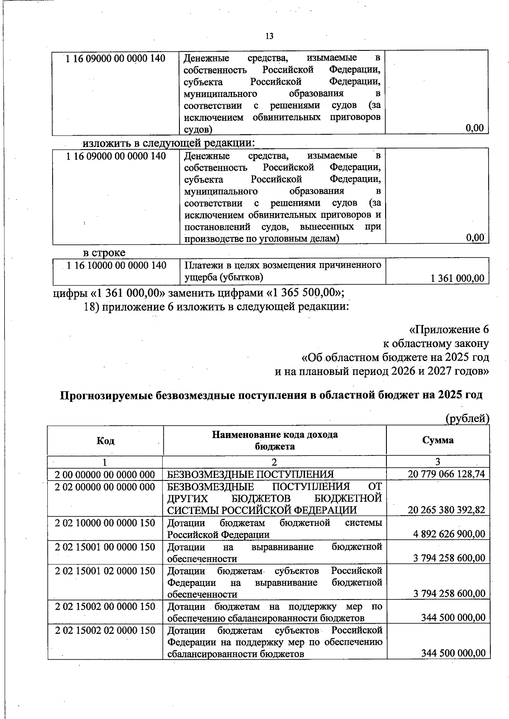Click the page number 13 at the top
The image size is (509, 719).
pyautogui.click(x=269, y=36)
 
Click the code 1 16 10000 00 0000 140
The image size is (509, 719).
pyautogui.click(x=117, y=266)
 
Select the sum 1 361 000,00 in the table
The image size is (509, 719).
pyautogui.click(x=457, y=278)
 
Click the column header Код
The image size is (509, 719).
pyautogui.click(x=105, y=441)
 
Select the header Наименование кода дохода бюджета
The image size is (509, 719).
pyautogui.click(x=275, y=440)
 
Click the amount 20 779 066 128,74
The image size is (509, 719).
pyautogui.click(x=446, y=474)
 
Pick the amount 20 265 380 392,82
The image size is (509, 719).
pyautogui.click(x=446, y=510)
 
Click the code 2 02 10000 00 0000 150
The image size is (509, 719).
pyautogui.click(x=105, y=523)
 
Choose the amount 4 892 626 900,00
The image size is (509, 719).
pyautogui.click(x=449, y=534)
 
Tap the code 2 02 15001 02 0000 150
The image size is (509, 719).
pyautogui.click(x=105, y=571)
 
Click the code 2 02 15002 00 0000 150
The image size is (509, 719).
pyautogui.click(x=105, y=607)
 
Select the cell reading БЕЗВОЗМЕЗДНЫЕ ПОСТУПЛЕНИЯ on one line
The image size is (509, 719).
pyautogui.click(x=250, y=474)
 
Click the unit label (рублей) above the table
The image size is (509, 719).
pyautogui.click(x=467, y=419)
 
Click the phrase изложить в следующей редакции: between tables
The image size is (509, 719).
pyautogui.click(x=168, y=143)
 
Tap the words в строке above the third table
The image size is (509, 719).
pyautogui.click(x=104, y=253)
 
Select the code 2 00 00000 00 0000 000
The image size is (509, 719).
pyautogui.click(x=105, y=474)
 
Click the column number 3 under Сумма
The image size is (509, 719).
pyautogui.click(x=438, y=461)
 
